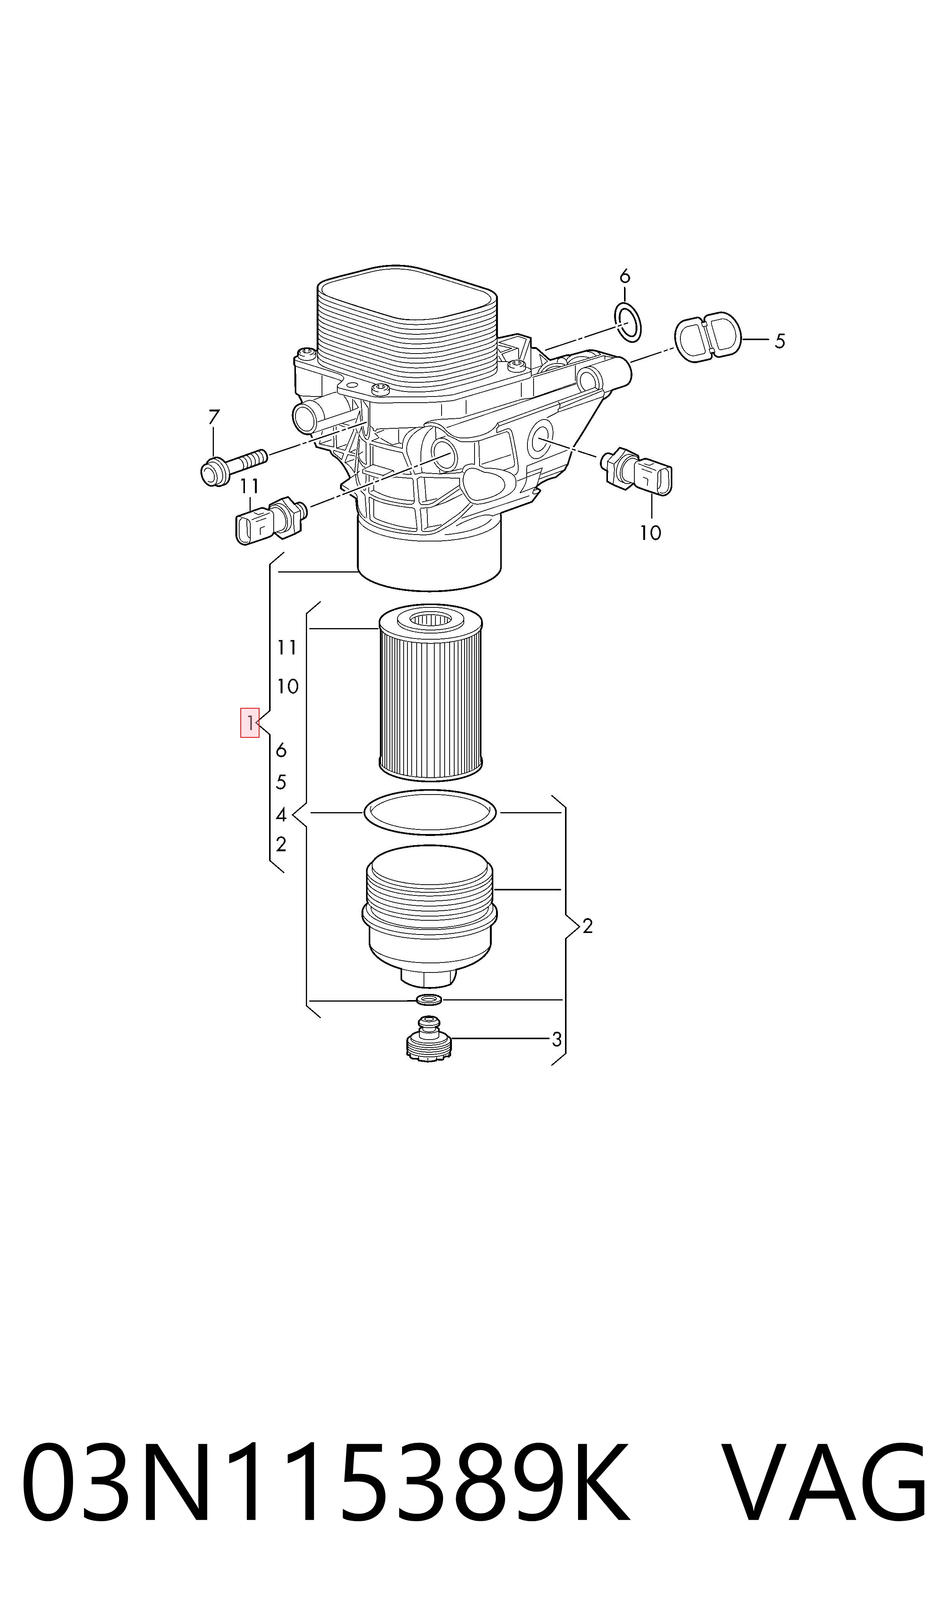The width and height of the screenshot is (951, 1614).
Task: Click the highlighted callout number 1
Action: click(x=249, y=723)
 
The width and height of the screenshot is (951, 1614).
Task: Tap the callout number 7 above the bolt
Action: click(x=214, y=417)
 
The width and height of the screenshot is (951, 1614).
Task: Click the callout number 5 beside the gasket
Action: click(x=779, y=341)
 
